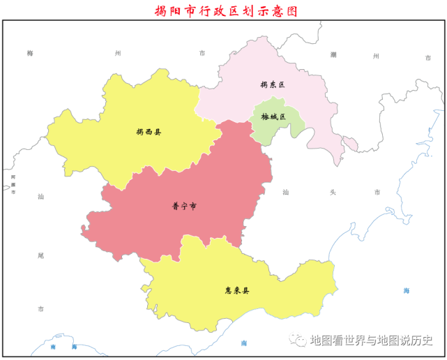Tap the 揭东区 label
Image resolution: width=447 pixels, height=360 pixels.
(x=272, y=84)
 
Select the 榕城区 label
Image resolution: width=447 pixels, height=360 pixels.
(x=273, y=117)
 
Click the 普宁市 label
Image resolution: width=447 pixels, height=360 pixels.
(x=184, y=206)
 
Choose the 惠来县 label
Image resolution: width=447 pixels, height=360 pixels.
(x=237, y=290)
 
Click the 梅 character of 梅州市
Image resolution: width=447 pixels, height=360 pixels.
(x=30, y=53)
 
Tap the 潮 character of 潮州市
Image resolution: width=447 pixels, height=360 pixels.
(x=334, y=54)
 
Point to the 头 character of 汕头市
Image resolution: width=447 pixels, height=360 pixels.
(x=330, y=192)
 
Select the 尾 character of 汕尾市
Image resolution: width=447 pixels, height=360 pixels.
(x=40, y=255)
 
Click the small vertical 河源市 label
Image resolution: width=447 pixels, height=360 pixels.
(x=13, y=185)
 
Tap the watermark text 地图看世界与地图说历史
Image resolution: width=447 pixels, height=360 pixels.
(x=372, y=340)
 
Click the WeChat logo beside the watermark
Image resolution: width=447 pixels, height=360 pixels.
(x=300, y=340)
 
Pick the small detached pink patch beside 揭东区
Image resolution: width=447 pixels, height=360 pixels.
(x=351, y=144)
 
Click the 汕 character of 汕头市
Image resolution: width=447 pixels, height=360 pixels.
(x=286, y=192)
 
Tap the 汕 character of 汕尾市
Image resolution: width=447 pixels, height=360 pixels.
(x=40, y=197)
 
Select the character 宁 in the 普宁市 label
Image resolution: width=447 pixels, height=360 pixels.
(x=184, y=206)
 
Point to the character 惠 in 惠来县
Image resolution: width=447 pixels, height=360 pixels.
(x=228, y=290)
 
